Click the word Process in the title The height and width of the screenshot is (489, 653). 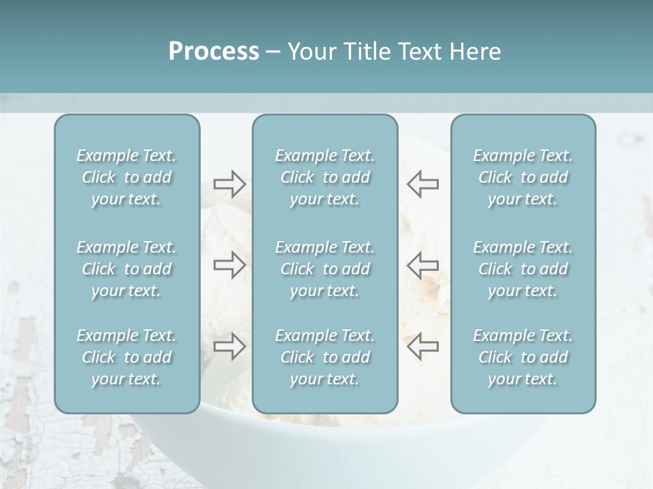click(x=214, y=52)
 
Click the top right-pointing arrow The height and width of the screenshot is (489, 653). click(x=229, y=184)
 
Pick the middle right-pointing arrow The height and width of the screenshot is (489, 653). click(x=229, y=265)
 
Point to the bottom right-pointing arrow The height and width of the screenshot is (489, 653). click(x=229, y=346)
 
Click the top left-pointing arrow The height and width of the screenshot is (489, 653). click(x=423, y=184)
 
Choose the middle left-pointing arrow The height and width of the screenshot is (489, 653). click(x=423, y=265)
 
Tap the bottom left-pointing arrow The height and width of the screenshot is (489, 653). click(x=423, y=346)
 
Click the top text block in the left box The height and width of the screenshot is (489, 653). click(x=127, y=177)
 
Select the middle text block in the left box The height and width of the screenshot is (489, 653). click(x=127, y=269)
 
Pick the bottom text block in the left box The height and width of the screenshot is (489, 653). click(x=127, y=357)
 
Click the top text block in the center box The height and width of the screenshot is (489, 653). click(x=324, y=177)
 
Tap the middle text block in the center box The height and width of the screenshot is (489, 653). click(x=324, y=269)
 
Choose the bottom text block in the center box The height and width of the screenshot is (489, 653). click(x=324, y=357)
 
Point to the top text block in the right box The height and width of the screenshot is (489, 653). click(x=522, y=177)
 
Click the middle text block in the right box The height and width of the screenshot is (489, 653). click(x=522, y=269)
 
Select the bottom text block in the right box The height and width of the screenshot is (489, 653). click(x=522, y=357)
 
